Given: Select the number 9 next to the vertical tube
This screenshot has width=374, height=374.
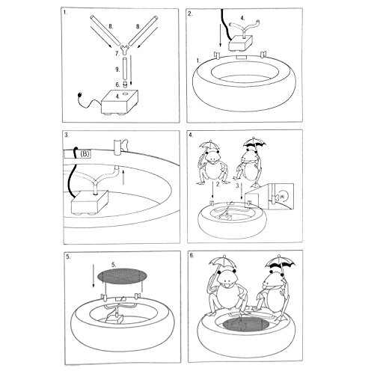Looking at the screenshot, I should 118,69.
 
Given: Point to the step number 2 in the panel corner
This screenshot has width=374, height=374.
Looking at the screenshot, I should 192,13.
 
